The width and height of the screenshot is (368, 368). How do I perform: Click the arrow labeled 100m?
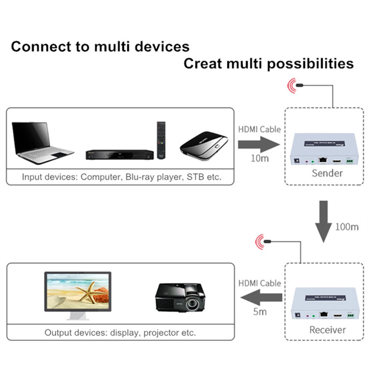pos(323,221)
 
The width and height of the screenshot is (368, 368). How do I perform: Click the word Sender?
pos(327,173)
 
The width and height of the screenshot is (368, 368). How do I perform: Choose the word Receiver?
pos(327,330)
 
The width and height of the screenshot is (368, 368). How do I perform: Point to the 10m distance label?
pos(260,159)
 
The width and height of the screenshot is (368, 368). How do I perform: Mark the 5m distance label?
pos(260,312)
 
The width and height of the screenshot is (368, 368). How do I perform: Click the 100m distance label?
pos(347,227)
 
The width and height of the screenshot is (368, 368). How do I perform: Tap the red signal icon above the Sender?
pos(293,85)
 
